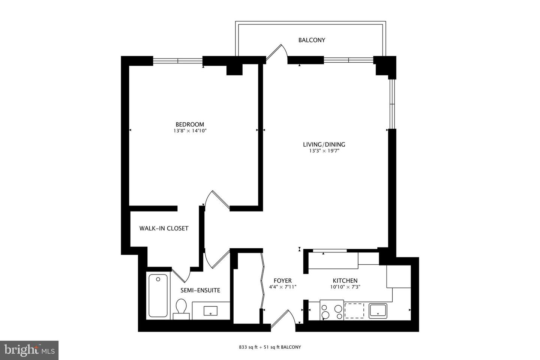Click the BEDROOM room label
click(x=190, y=124)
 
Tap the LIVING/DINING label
click(x=324, y=144)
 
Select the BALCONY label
click(x=312, y=40)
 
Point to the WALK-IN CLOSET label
click(x=164, y=228)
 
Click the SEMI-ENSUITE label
click(x=200, y=290)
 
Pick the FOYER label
click(x=282, y=281)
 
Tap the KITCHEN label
click(x=345, y=281)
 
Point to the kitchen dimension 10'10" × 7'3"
click(x=345, y=287)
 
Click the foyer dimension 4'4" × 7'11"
click(x=283, y=287)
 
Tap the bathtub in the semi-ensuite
click(x=158, y=295)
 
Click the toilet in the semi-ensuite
click(x=181, y=309)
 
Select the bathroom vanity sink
click(x=210, y=310)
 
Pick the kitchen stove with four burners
click(x=332, y=310)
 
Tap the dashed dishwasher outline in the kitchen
click(x=354, y=310)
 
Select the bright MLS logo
click(x=29, y=350)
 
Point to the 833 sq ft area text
click(x=247, y=347)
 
